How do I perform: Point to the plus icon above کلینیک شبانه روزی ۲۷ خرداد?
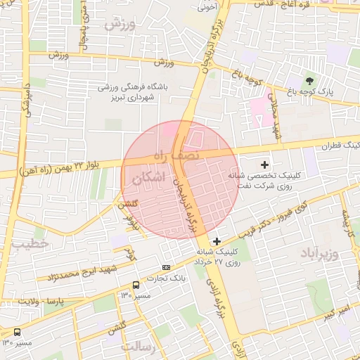tap(217, 241)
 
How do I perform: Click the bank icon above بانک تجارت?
tap(166, 267)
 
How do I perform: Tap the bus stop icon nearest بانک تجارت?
tap(135, 285)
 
